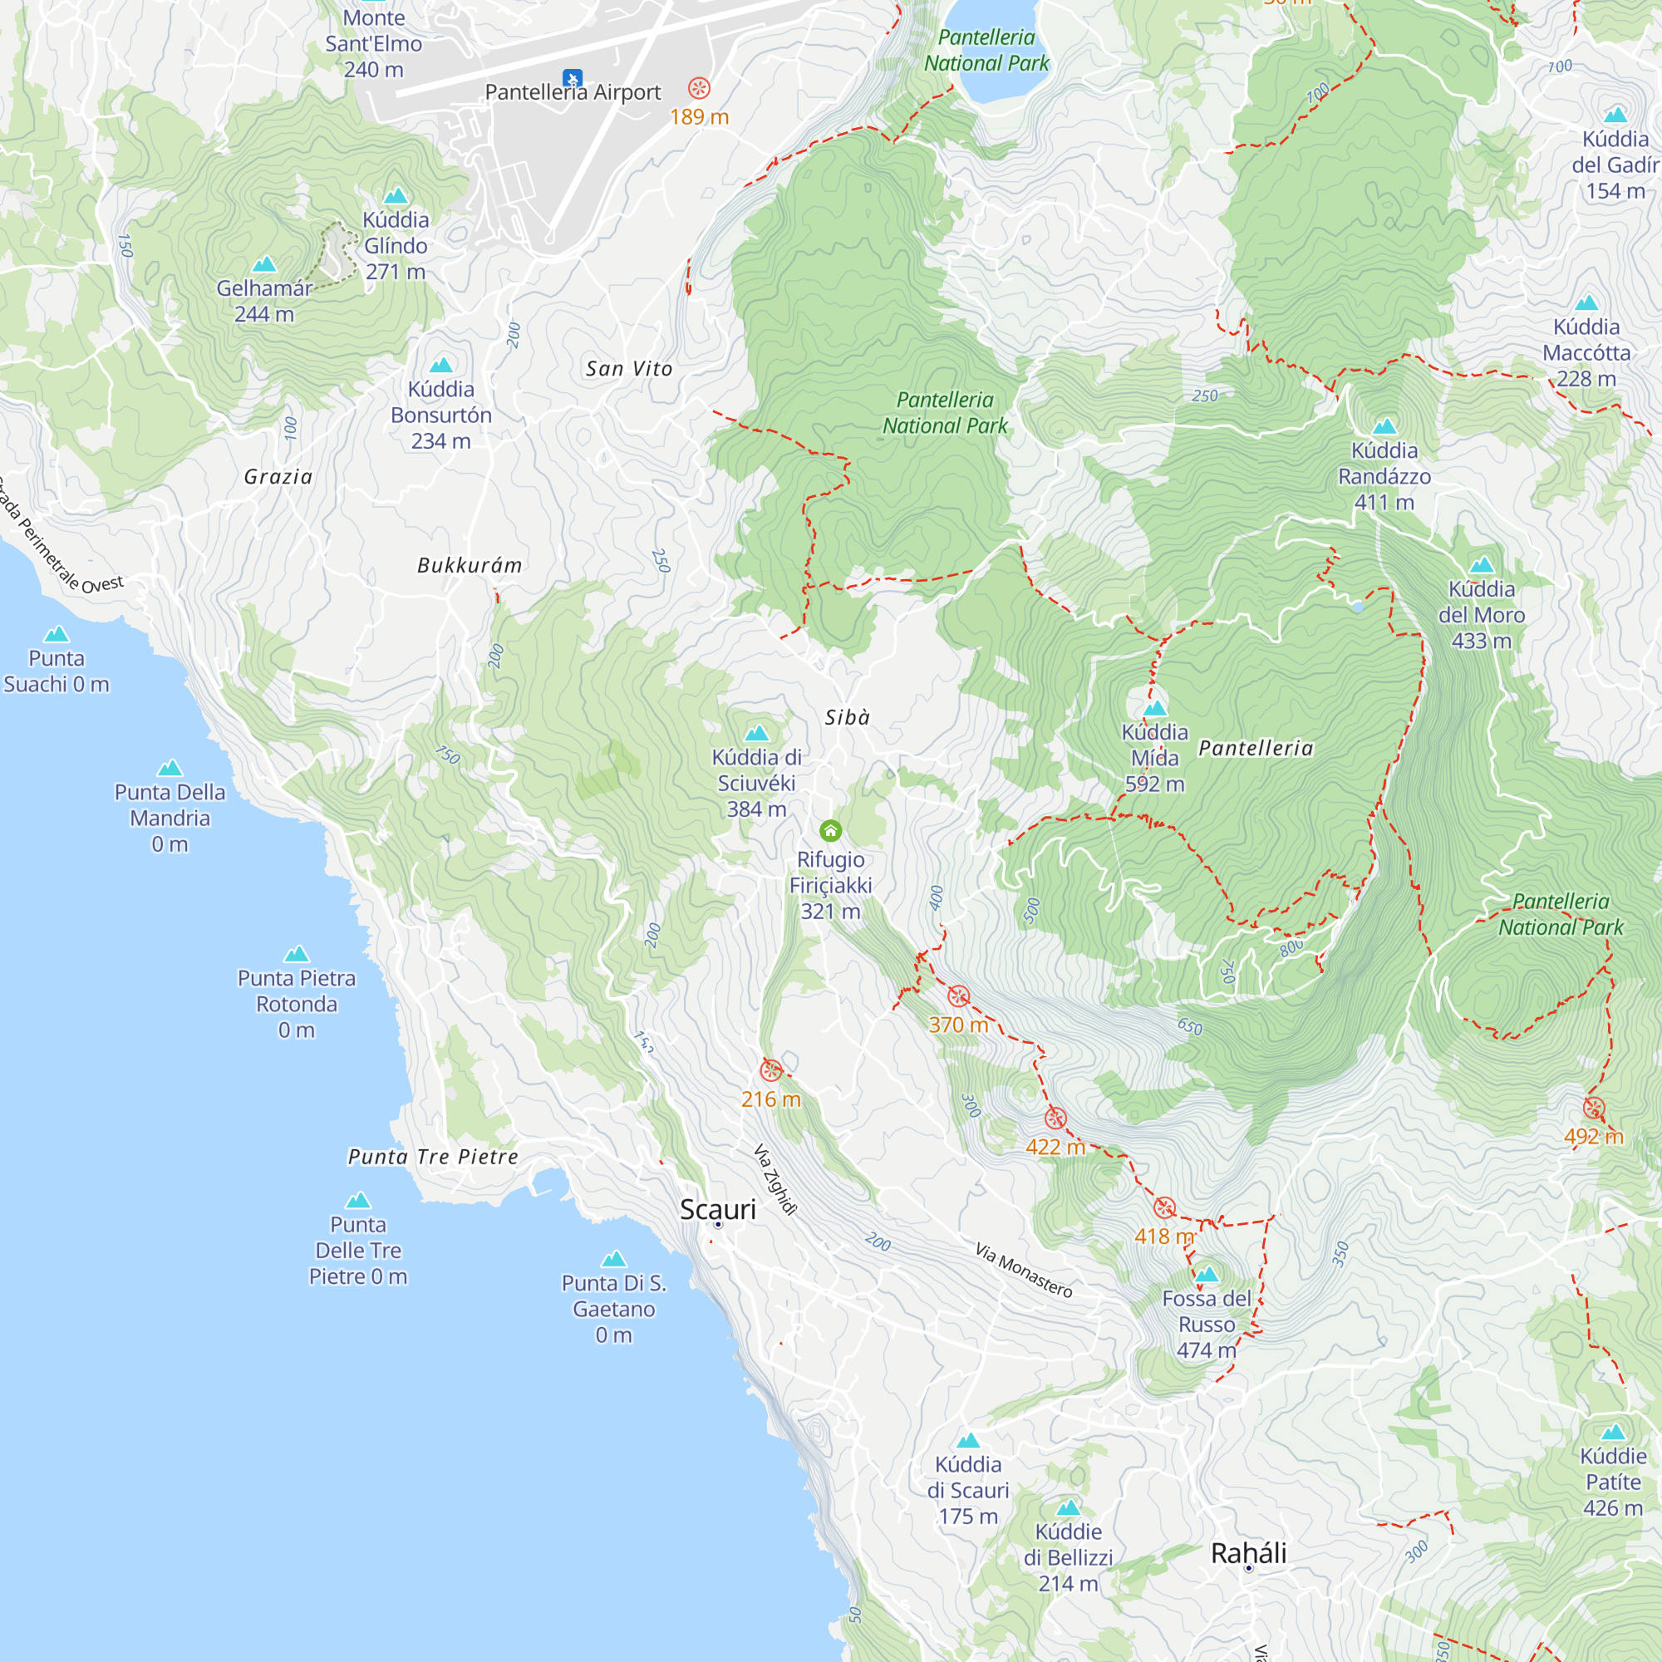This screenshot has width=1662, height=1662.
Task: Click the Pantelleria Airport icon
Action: coord(572,78)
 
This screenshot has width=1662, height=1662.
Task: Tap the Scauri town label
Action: coord(717,1208)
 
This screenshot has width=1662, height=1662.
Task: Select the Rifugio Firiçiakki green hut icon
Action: coord(830,830)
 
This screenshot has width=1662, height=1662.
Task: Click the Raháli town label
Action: coord(1248,1553)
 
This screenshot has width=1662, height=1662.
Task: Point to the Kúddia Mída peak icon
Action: coord(1154,708)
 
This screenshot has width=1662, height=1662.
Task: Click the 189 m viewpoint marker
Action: coord(699,88)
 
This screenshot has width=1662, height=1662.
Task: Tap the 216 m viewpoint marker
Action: coord(771,1070)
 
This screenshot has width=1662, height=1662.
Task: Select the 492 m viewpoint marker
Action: coord(1593,1107)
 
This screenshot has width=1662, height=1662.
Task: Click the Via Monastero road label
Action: coord(1023,1270)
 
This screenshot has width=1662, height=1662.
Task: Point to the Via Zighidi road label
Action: coord(775,1178)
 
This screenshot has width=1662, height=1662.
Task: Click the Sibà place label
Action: coord(848,717)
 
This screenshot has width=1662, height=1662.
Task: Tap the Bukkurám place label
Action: coord(470,565)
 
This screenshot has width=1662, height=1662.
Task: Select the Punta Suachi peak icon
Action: coord(56,634)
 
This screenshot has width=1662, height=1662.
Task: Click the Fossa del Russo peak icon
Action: coord(1206,1274)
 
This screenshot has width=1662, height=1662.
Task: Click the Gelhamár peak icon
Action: coord(264,264)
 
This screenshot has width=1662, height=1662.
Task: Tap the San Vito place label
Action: coord(629,369)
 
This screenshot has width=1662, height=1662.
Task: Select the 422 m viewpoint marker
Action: coord(1055,1119)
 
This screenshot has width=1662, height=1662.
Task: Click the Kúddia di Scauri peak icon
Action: coord(968,1440)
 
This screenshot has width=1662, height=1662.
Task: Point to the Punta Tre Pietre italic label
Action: coord(434,1157)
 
